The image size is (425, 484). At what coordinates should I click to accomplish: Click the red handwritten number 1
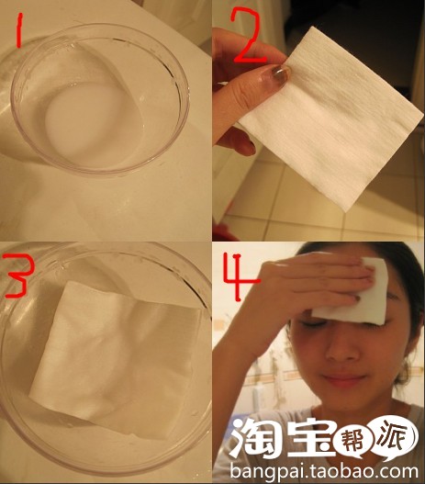click(18, 31)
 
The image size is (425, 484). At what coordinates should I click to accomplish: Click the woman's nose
click(341, 347)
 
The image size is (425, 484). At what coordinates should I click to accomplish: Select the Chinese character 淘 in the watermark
click(256, 437)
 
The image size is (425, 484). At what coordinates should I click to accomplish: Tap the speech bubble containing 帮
click(354, 444)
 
